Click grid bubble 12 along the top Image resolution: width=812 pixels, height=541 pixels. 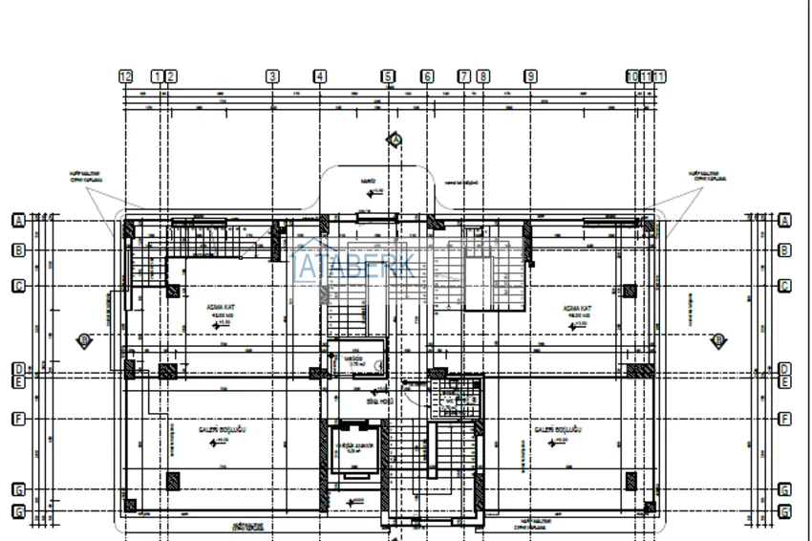125,76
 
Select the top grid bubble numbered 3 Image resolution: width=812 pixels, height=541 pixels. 272,76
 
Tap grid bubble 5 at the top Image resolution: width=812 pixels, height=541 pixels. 387,76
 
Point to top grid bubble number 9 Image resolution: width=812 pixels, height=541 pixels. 530,76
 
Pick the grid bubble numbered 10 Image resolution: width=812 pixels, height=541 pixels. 631,76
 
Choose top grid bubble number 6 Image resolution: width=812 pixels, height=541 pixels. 427,76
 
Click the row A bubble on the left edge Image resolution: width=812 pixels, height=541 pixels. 17,220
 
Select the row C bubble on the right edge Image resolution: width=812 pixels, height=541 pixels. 784,286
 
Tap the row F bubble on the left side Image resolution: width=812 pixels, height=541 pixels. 17,419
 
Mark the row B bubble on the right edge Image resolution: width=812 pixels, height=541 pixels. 784,250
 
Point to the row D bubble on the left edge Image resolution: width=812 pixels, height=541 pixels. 17,369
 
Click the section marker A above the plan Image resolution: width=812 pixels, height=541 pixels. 395,140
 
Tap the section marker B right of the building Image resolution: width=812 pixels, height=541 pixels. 718,339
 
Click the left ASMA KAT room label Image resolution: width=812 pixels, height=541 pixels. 222,308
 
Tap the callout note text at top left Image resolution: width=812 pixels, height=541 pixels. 85,176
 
